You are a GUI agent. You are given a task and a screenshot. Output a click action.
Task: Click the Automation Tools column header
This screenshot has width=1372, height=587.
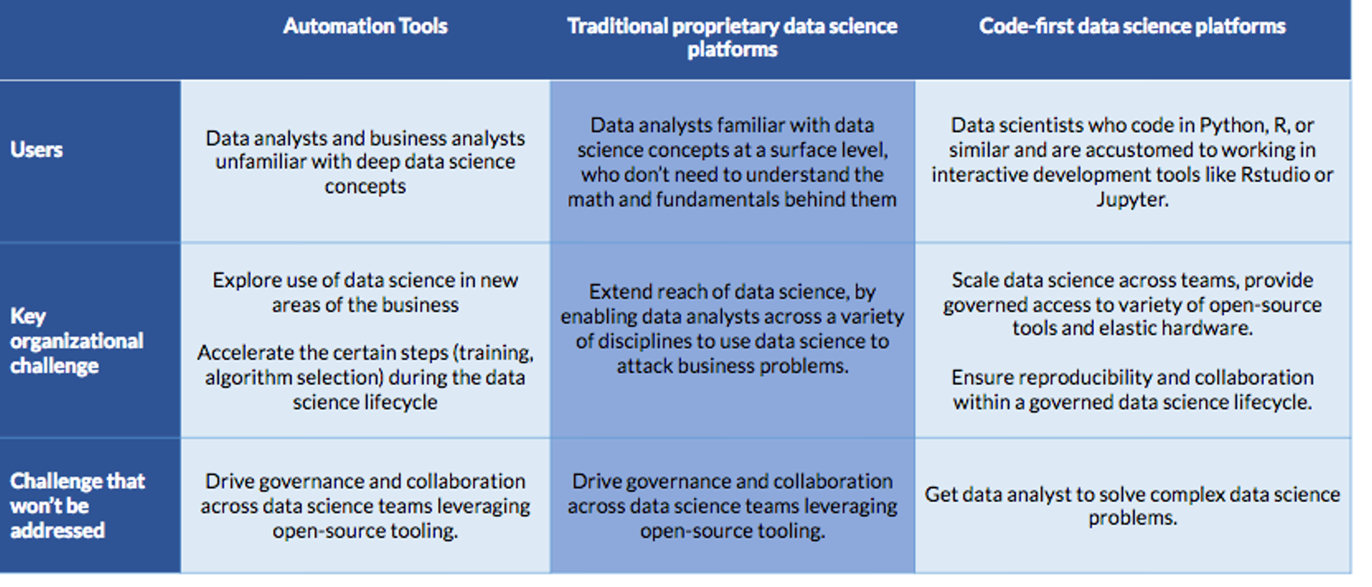pos(365,26)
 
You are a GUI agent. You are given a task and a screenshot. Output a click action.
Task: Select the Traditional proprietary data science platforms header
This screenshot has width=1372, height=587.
pos(732,37)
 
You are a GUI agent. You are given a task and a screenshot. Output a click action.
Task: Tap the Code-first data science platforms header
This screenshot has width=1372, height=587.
pos(1132,26)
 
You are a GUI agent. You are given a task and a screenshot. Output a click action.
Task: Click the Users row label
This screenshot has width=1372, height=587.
pos(36,150)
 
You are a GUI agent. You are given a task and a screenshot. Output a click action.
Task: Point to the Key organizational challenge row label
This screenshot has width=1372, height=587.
pos(76,341)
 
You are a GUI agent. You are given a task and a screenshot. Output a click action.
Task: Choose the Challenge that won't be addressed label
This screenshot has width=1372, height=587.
pos(77,506)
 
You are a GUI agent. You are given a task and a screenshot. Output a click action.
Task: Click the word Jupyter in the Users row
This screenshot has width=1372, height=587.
pos(1131,200)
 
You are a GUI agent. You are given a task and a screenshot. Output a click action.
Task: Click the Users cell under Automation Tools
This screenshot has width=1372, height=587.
pos(365,162)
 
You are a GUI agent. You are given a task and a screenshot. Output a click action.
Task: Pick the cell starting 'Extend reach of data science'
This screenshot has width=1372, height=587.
pos(732,328)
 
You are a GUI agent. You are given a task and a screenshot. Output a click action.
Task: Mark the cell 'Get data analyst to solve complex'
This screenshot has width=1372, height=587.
pos(1132,506)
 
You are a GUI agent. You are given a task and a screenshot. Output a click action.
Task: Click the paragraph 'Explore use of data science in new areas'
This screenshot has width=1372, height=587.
pos(365,292)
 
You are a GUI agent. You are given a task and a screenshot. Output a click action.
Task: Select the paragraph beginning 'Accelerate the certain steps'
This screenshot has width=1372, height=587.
pos(365,377)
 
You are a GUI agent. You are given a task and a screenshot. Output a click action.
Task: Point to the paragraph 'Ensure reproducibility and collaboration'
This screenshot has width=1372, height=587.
pos(1132,389)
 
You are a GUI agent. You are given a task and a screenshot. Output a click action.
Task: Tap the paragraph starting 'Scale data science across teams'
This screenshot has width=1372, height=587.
pos(1132,303)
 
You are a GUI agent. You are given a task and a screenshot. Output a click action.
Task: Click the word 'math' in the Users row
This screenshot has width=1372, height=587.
pos(590,200)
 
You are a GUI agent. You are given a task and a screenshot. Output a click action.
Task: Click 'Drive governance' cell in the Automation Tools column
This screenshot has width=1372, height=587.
pos(365,506)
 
